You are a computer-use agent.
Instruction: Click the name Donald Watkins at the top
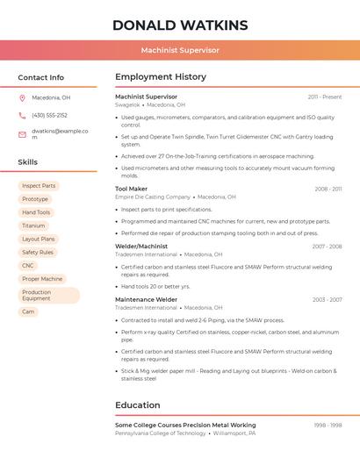point(180,25)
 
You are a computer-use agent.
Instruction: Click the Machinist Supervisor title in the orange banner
point(180,50)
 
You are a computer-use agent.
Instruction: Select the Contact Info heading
point(41,77)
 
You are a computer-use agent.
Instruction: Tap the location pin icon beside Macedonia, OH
point(22,98)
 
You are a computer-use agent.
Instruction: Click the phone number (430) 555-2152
point(49,115)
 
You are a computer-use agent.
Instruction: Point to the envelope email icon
point(22,134)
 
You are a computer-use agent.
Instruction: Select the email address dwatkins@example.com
point(60,133)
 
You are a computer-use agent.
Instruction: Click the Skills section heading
point(28,162)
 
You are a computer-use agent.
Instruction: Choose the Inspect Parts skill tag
point(39,186)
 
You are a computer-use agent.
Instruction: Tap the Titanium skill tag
point(33,225)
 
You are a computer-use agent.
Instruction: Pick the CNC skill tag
point(28,265)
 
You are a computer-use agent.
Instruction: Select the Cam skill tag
point(28,311)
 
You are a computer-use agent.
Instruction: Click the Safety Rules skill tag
point(38,252)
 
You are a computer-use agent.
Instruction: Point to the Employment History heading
point(161,77)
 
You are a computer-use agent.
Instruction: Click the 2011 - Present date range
point(325,97)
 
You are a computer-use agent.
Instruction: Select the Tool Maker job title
point(132,189)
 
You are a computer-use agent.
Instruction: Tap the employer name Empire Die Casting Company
point(153,197)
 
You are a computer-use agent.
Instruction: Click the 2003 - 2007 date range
point(327,300)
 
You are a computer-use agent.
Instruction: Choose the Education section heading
point(138,405)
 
